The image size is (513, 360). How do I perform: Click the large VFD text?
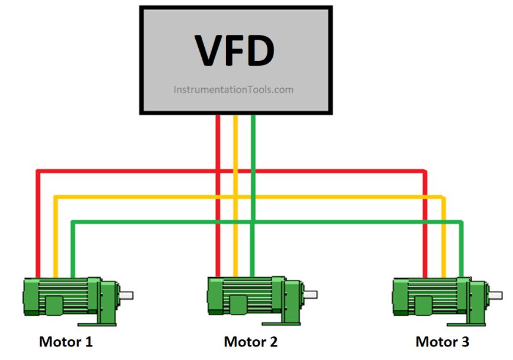click(235, 51)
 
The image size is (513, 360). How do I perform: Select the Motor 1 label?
click(66, 342)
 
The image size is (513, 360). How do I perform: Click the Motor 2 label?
click(250, 342)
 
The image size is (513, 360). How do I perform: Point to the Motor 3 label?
click(442, 342)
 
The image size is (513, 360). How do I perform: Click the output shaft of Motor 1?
click(126, 295)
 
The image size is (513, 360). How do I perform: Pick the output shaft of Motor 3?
click(495, 293)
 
